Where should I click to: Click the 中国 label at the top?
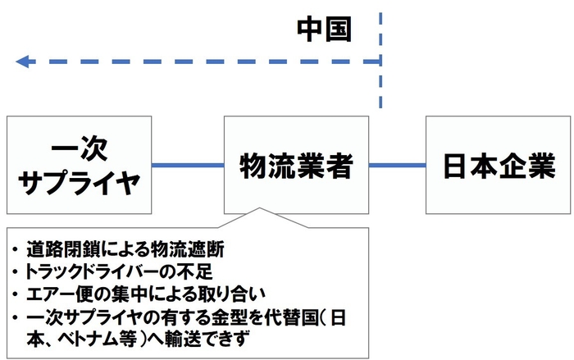(x=324, y=29)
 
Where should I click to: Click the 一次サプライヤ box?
(x=80, y=165)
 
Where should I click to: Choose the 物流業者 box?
(x=296, y=165)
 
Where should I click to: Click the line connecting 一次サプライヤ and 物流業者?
(x=189, y=166)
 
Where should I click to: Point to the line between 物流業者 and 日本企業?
(x=397, y=166)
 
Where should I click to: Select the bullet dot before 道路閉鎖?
(x=16, y=247)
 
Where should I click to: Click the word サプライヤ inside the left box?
(x=80, y=181)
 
